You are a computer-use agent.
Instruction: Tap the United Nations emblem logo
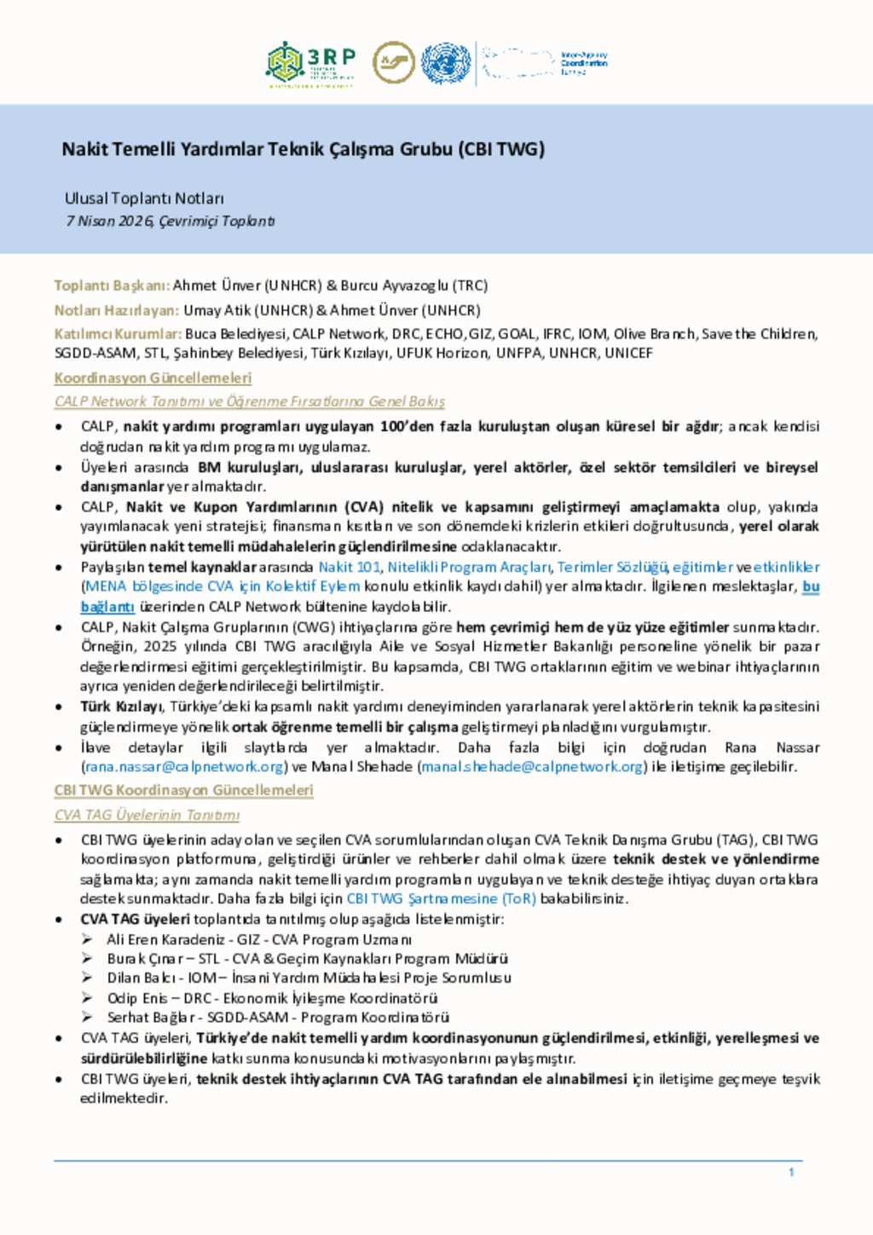click(446, 63)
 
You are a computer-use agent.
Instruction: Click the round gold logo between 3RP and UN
click(393, 63)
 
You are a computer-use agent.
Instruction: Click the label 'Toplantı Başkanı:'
click(112, 286)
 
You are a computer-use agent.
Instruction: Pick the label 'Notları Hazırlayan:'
click(117, 310)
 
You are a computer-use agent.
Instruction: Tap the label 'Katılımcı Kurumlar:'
click(118, 334)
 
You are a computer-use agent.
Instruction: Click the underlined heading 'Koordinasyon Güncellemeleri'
click(153, 378)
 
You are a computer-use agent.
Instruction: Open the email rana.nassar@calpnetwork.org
click(184, 766)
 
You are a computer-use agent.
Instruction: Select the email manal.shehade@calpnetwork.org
click(532, 766)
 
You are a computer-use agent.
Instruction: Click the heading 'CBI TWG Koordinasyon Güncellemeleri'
click(183, 790)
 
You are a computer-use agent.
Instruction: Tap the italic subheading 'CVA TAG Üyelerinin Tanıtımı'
click(147, 815)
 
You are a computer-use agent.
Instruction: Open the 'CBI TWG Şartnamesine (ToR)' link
click(441, 898)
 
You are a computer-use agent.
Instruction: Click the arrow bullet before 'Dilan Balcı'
click(87, 978)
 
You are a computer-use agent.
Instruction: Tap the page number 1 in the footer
click(791, 1173)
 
